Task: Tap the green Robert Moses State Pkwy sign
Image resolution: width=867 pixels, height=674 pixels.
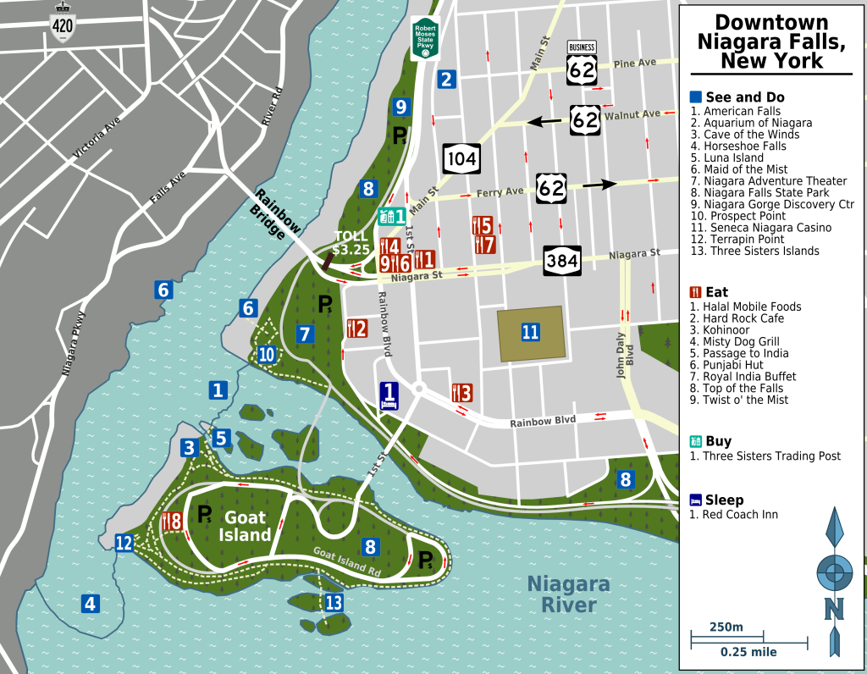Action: coord(424,38)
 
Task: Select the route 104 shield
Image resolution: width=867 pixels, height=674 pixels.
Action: coord(461,157)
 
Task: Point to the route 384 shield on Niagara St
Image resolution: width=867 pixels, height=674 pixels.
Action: coord(562,261)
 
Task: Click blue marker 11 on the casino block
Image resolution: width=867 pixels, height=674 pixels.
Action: coord(530,332)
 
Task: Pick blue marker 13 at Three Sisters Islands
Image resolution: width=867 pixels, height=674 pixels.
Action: coord(334,603)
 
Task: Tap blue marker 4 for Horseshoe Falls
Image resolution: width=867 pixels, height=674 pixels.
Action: coord(90,604)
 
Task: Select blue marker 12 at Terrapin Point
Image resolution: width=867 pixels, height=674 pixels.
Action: coord(124,543)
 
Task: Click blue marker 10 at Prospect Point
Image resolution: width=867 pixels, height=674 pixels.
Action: coord(267,355)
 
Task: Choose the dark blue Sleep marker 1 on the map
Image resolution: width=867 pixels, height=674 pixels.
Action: coord(389,395)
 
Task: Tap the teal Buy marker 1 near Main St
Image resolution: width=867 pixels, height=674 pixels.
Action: coord(392,217)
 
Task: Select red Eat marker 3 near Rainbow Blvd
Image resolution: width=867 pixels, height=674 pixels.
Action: coord(461,393)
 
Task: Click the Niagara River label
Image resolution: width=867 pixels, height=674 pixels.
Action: coord(568,594)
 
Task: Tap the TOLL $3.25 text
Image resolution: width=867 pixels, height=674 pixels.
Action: coord(351,244)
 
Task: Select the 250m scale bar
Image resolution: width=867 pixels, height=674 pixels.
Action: coord(726,634)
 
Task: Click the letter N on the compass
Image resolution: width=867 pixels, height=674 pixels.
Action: coord(835,608)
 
